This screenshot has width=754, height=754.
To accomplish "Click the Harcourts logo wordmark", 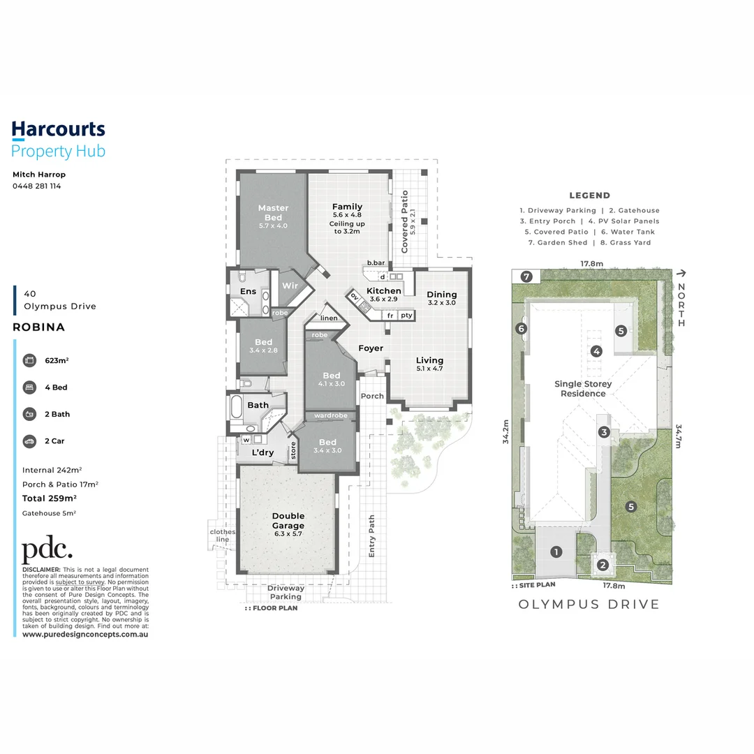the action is pos(58,129).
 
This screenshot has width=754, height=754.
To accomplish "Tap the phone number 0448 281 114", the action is pos(36,186).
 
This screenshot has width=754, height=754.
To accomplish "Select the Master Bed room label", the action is pos(273,212).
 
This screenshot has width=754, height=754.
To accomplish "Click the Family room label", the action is pos(347,207).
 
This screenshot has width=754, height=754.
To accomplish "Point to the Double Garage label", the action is pos(288,521).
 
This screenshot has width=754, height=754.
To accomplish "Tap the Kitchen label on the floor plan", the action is pos(384,291).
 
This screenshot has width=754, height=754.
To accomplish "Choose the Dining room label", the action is pos(441,295).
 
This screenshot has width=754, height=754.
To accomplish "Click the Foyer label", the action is pos(371,348).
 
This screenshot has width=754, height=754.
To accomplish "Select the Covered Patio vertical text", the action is pos(404,221).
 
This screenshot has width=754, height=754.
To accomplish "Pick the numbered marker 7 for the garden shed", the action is pos(526,276).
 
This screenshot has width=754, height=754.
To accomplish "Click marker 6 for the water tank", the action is pos(520,329).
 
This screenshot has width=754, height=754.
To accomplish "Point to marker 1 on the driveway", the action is pos(556,552).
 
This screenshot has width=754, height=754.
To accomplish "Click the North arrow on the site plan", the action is pos(681,276).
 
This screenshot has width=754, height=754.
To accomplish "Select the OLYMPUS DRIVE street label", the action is pos(589,604).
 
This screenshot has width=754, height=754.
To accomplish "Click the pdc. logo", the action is pos(47,551).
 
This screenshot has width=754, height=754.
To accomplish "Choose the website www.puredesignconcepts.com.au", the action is pos(85,635).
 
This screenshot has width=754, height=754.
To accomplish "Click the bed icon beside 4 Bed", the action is pos(29,387).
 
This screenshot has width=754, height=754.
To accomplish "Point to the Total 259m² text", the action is pos(49,498).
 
